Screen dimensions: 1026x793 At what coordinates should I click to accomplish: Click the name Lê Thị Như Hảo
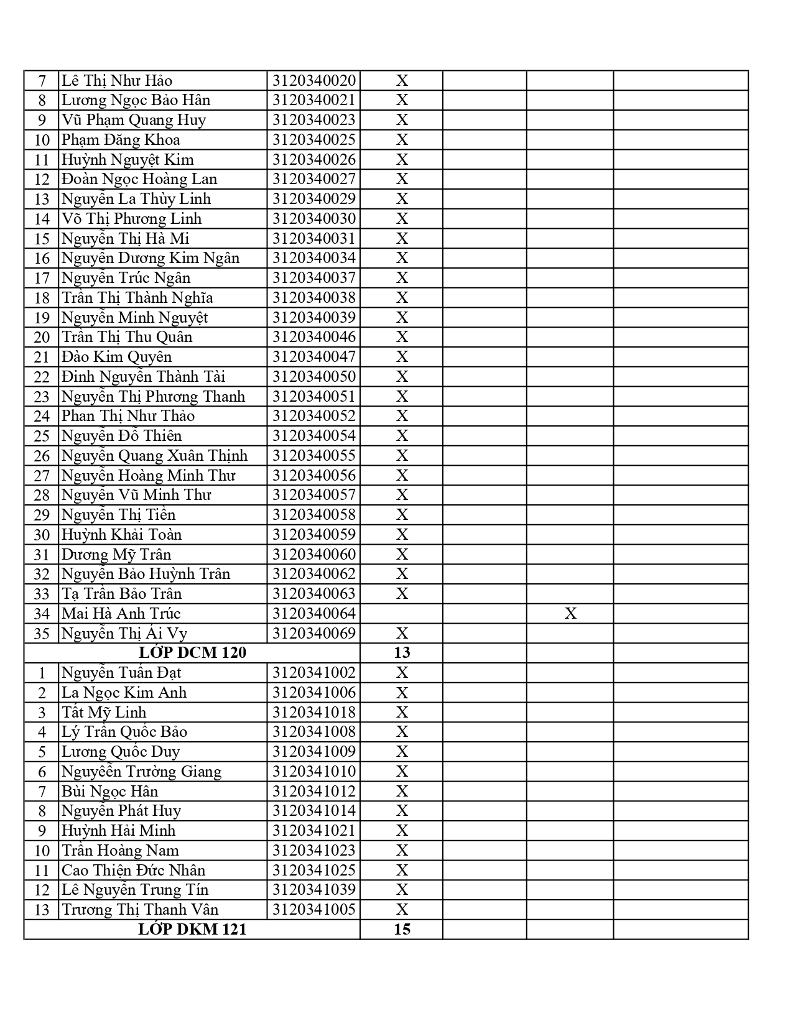tap(116, 81)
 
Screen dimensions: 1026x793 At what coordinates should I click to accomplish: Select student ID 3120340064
tap(314, 614)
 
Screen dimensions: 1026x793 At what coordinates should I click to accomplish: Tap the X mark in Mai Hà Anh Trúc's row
tap(570, 614)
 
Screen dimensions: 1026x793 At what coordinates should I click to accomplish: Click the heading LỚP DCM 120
tap(192, 652)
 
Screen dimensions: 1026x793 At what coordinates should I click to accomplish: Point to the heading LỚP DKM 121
tap(192, 930)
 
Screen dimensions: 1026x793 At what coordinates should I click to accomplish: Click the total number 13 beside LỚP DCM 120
tap(402, 652)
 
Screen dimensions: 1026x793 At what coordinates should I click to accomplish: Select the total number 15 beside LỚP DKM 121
tap(402, 930)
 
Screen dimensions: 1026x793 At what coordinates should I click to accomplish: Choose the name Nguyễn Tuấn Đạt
tap(121, 673)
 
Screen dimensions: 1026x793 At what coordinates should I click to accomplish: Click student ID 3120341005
tap(314, 910)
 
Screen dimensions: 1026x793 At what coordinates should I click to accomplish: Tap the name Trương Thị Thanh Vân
tap(140, 910)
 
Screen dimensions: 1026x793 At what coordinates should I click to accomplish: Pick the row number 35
tap(42, 634)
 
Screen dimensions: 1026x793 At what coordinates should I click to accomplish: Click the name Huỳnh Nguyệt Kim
tap(128, 160)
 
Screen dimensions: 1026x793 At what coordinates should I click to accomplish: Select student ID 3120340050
tap(314, 377)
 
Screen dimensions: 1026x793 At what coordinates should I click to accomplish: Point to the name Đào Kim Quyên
tap(116, 357)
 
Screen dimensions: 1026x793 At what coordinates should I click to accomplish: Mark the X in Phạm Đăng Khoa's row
tap(402, 140)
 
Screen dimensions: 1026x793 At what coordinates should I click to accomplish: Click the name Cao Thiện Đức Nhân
tap(133, 871)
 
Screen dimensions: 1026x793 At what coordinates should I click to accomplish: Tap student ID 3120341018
tap(314, 713)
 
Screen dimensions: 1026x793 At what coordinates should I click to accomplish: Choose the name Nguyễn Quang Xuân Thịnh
tap(154, 456)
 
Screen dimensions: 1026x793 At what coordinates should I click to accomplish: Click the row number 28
tap(42, 496)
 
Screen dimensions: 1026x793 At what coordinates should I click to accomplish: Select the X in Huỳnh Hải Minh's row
tap(402, 831)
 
